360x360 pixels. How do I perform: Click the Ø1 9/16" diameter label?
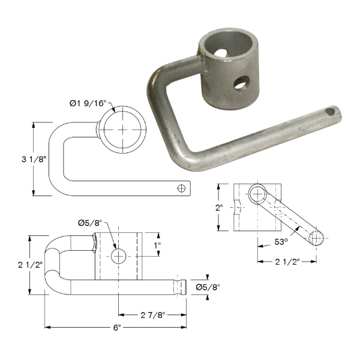pyautogui.click(x=87, y=104)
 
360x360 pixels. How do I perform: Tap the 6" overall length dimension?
pyautogui.click(x=116, y=328)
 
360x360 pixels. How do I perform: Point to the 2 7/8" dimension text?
pyautogui.click(x=153, y=315)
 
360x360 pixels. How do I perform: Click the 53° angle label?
pyautogui.click(x=281, y=242)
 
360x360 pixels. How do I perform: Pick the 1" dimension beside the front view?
pyautogui.click(x=157, y=245)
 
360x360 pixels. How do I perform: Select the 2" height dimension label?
pyautogui.click(x=219, y=208)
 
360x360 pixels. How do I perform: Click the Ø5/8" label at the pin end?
pyautogui.click(x=208, y=287)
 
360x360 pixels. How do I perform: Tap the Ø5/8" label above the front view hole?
pyautogui.click(x=90, y=223)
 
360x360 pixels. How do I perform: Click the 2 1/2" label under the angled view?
pyautogui.click(x=287, y=262)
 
